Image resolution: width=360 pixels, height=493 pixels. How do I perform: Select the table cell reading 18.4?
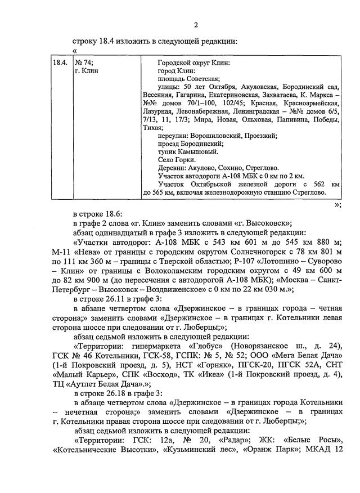60,63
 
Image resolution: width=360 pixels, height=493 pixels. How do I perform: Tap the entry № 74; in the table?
84,63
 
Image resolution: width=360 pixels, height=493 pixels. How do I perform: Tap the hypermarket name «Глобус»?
219,345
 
